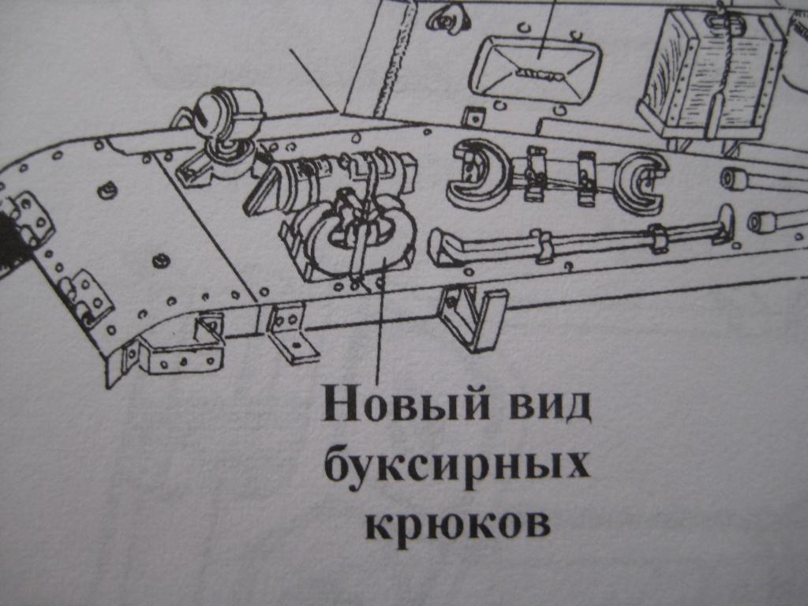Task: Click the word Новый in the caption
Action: coord(405,406)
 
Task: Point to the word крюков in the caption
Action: coord(457,524)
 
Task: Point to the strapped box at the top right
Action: coord(713,77)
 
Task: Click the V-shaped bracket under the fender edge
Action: coord(472,317)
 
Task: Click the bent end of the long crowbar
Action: coord(444,248)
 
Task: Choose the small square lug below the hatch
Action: coord(473,117)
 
